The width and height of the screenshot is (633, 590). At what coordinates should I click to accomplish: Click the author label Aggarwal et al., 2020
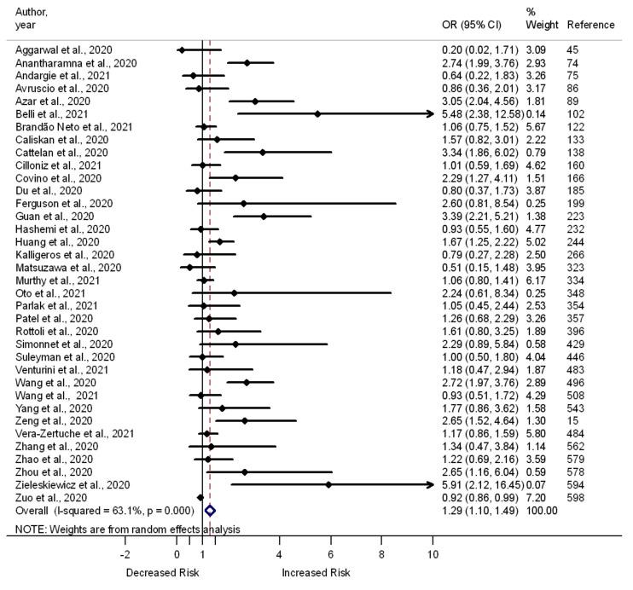(x=64, y=50)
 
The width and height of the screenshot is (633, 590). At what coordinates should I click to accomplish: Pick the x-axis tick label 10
(x=433, y=553)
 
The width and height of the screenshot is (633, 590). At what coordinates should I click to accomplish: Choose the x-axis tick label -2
(x=125, y=553)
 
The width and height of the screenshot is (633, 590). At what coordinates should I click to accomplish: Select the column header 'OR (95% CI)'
(x=466, y=25)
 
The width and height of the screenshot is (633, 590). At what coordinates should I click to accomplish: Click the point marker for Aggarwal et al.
(x=181, y=50)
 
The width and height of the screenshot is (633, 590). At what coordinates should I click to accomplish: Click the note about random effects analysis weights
(x=127, y=529)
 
